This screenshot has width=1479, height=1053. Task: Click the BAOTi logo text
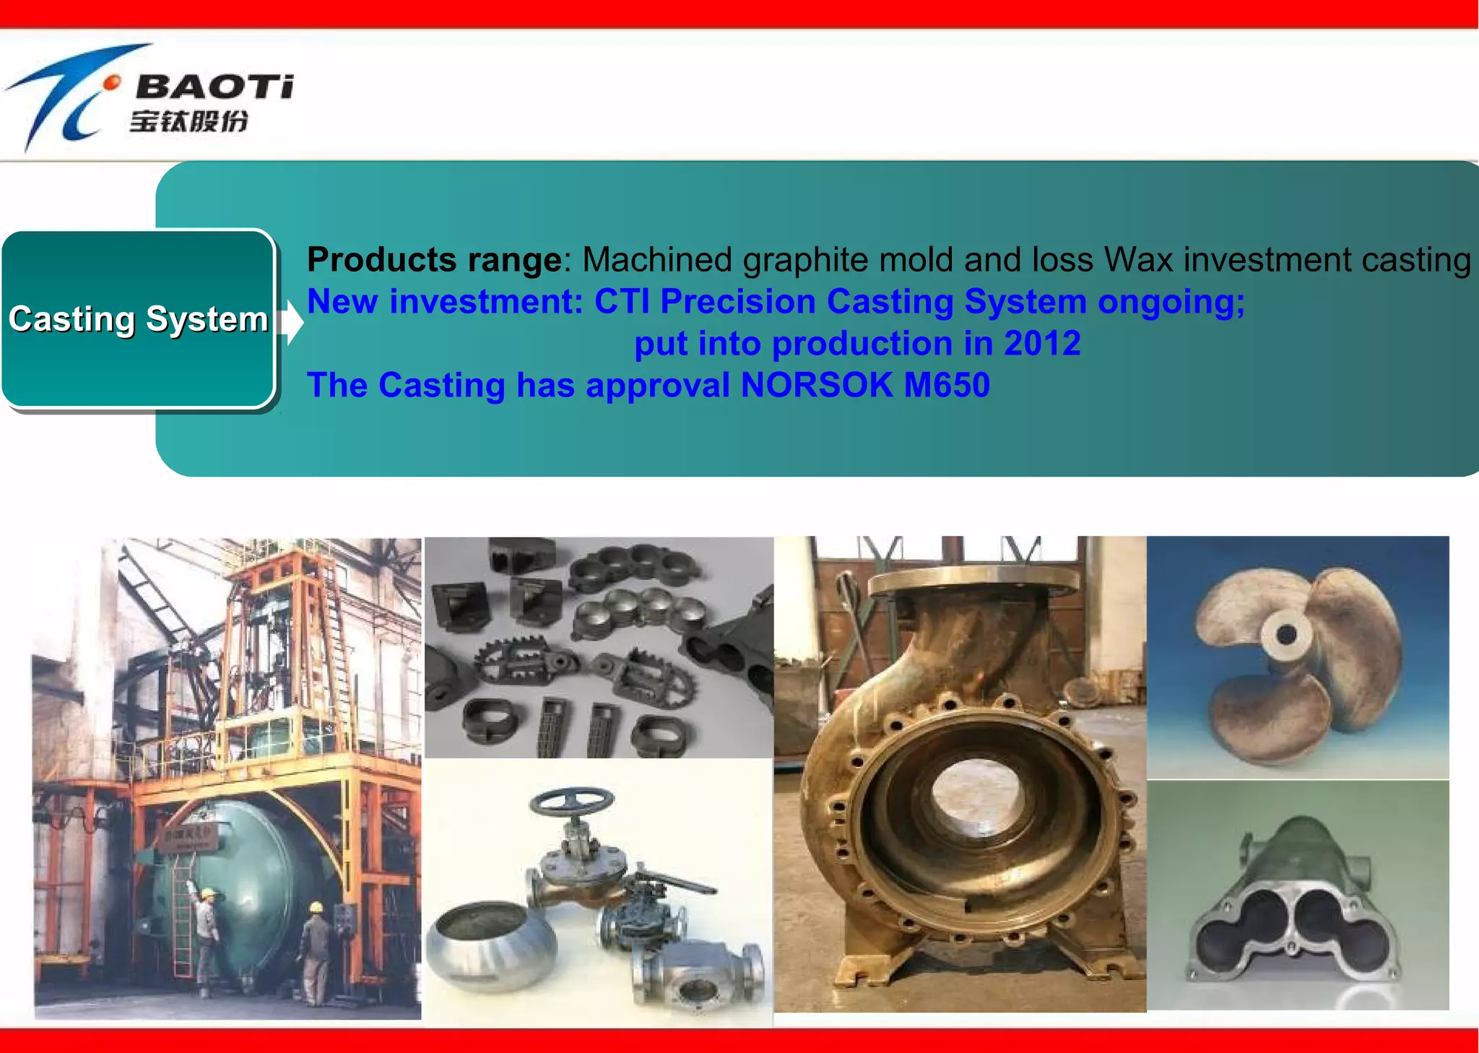pos(214,87)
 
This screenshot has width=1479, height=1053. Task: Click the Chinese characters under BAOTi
pos(189,121)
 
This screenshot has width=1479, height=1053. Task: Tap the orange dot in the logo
pos(111,84)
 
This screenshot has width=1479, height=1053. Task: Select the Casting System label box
pos(138,319)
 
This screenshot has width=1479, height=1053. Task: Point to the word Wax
pos(1138,260)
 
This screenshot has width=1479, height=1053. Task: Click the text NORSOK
pos(817,385)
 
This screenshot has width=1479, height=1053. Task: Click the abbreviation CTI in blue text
pos(621,302)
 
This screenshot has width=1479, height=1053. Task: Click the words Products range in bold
pos(434,260)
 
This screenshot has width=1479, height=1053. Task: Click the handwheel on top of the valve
pos(572,800)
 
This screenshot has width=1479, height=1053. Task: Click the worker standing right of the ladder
pos(314,946)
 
